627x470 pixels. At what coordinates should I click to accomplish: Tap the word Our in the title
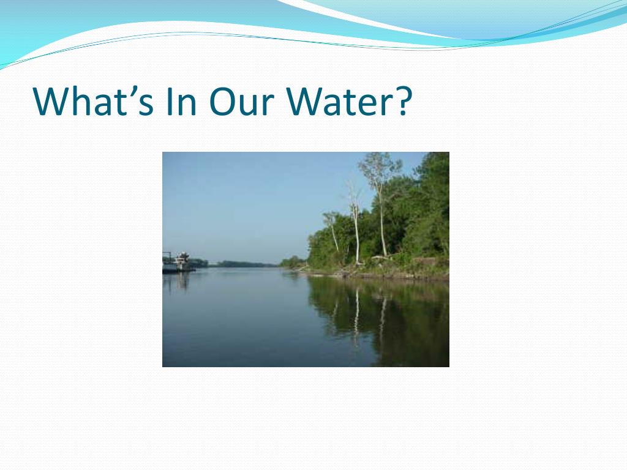pyautogui.click(x=241, y=101)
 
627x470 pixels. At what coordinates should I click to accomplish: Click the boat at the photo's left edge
pyautogui.click(x=178, y=263)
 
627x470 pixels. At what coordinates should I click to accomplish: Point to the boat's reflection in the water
pyautogui.click(x=178, y=281)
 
